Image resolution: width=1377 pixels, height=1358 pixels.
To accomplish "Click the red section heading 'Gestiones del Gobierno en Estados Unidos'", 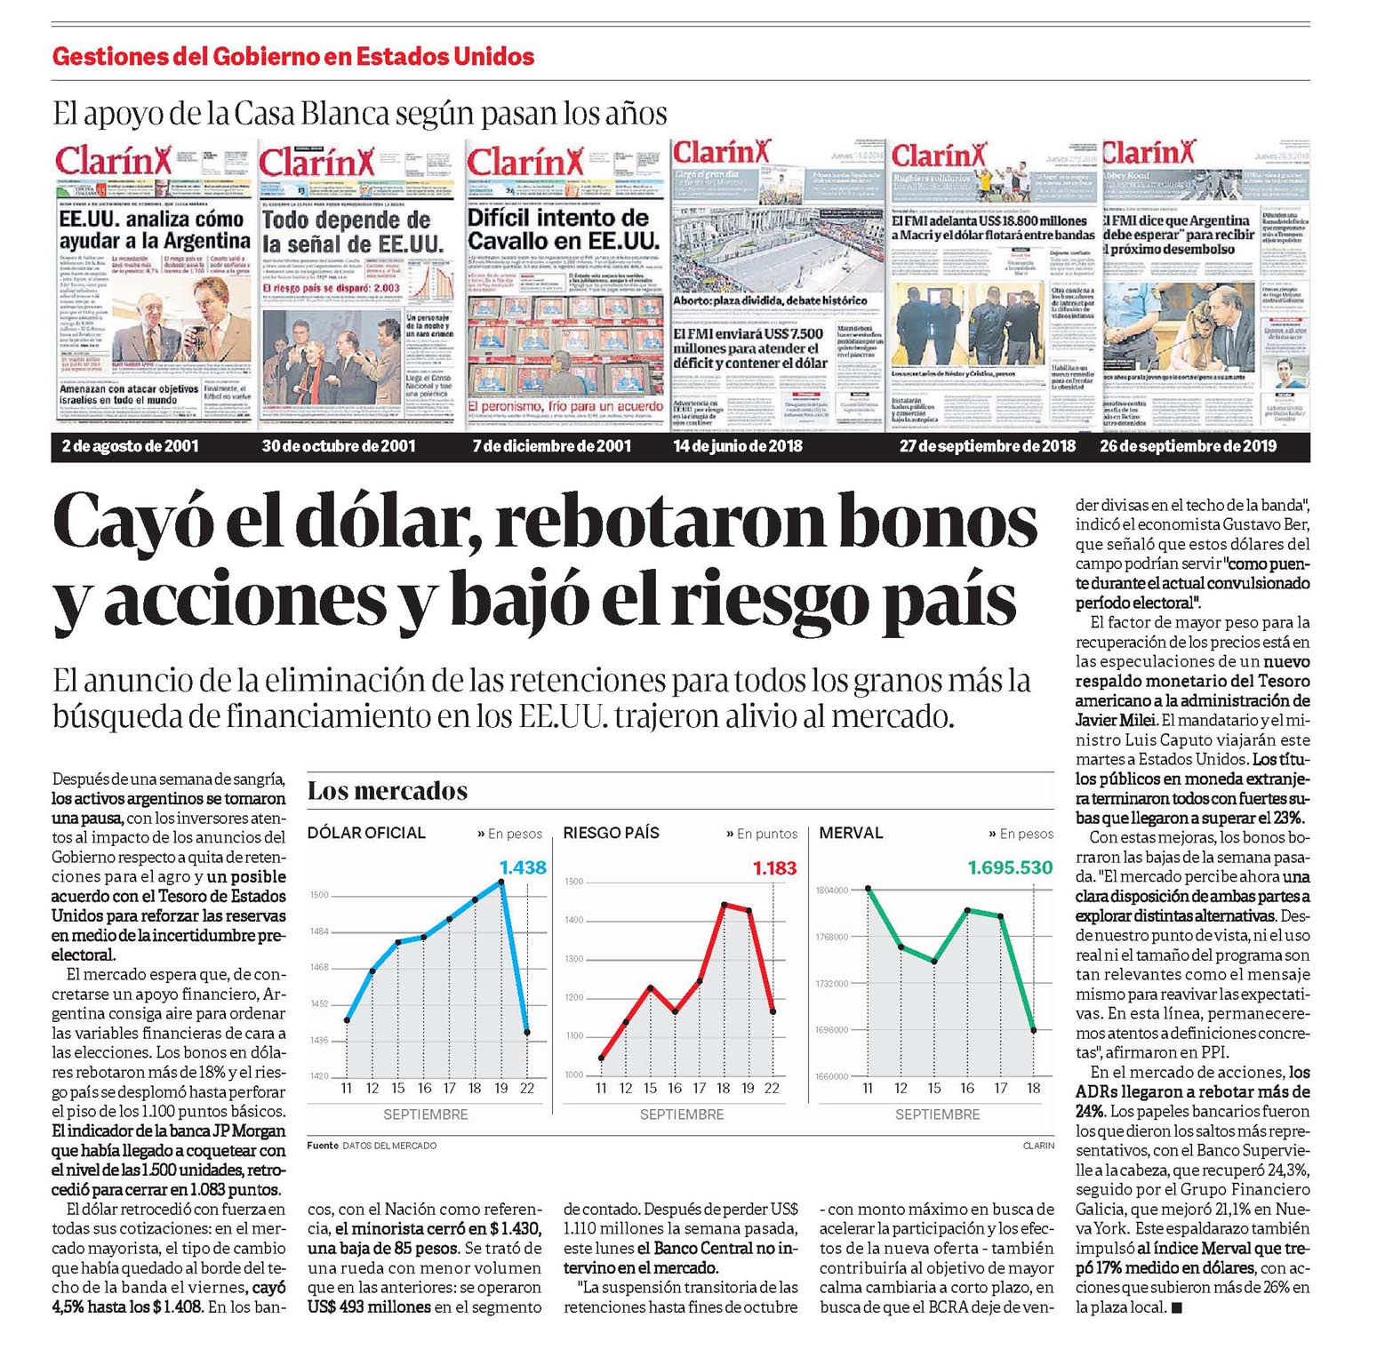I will [x=293, y=57].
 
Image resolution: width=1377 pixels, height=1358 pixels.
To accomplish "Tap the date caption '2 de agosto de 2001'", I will [x=131, y=446].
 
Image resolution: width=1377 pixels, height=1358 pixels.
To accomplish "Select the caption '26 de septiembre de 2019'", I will [x=1188, y=446].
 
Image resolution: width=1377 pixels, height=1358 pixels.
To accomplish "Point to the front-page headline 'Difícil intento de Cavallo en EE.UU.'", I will [x=564, y=229].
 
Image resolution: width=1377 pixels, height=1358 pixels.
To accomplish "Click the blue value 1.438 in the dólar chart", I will [x=523, y=867].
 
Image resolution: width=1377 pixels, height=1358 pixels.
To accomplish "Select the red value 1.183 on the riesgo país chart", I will [x=774, y=868].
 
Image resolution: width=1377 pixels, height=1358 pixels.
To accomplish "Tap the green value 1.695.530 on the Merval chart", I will [x=1010, y=867].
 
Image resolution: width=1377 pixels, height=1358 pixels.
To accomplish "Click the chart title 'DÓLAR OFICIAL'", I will [x=366, y=833].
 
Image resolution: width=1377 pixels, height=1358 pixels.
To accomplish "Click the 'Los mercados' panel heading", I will [x=388, y=790].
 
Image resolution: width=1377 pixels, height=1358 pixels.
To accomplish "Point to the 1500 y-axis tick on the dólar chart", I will [x=319, y=895].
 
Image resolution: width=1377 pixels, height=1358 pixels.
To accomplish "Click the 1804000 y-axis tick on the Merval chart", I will [x=831, y=890].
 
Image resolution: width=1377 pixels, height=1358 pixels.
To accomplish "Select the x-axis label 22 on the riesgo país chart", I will [x=772, y=1089].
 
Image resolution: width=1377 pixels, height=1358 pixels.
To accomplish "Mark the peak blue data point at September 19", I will [x=502, y=883].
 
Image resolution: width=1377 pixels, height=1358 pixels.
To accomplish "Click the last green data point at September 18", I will [x=1034, y=1030].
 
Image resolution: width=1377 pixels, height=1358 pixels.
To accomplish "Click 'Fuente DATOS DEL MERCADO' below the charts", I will [x=372, y=1146].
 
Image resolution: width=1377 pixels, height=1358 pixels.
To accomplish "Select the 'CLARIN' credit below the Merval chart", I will [x=1037, y=1146].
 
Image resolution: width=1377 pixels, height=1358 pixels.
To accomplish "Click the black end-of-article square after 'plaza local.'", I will [x=1176, y=1307].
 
